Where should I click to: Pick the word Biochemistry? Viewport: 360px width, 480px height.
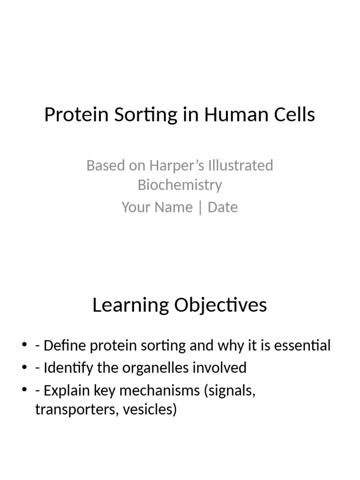(x=180, y=185)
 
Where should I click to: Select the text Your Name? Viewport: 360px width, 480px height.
(x=157, y=207)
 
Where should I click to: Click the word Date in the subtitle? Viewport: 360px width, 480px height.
(x=223, y=207)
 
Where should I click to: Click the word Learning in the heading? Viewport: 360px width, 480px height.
(x=130, y=305)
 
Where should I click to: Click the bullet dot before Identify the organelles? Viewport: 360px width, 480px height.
(x=24, y=368)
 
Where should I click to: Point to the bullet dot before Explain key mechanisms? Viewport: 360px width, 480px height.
(x=24, y=390)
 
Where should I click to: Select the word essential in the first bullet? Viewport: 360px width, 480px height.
(x=301, y=346)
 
